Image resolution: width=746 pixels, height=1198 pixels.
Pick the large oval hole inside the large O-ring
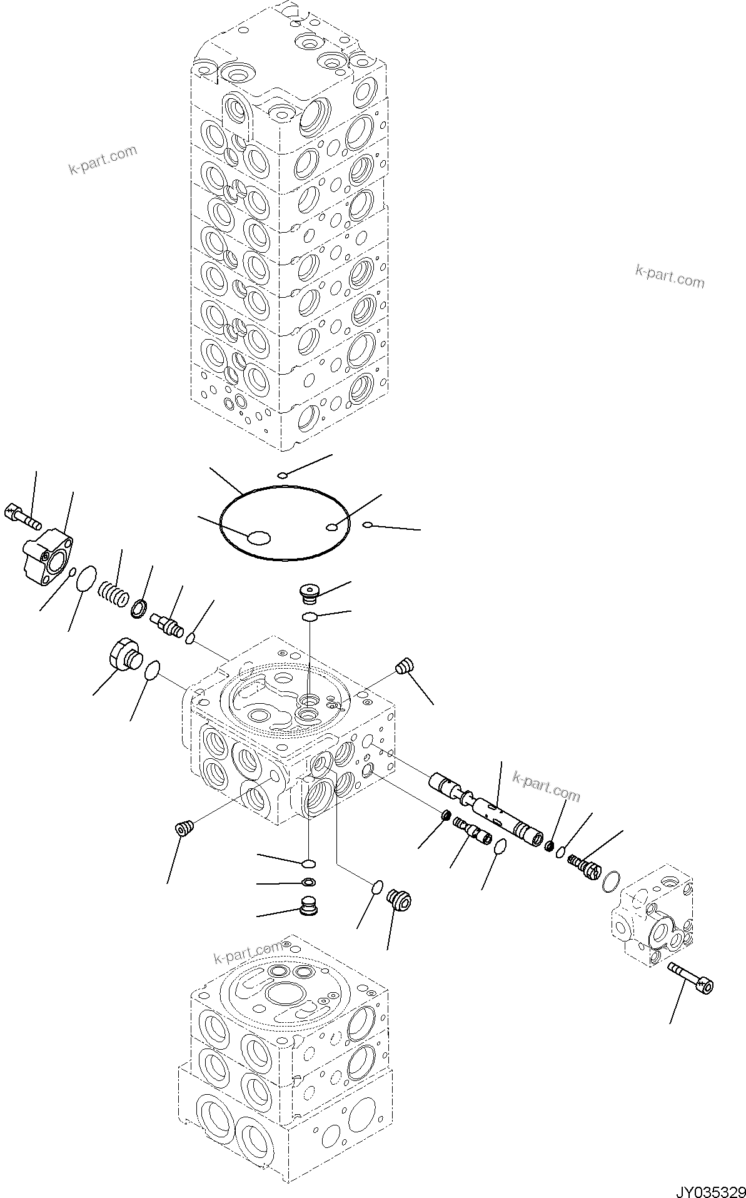pos(259,537)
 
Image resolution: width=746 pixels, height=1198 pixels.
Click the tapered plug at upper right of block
pos(405,665)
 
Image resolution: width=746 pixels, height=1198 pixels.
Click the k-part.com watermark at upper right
pos(669,276)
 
